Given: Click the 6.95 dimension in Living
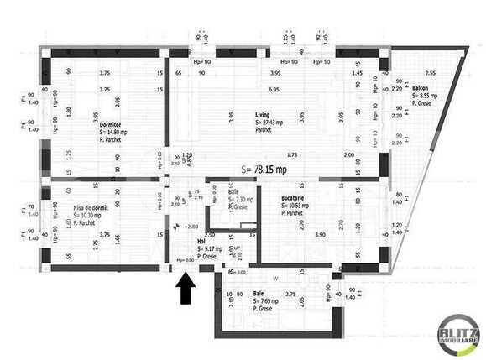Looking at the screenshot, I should tap(274, 89).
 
